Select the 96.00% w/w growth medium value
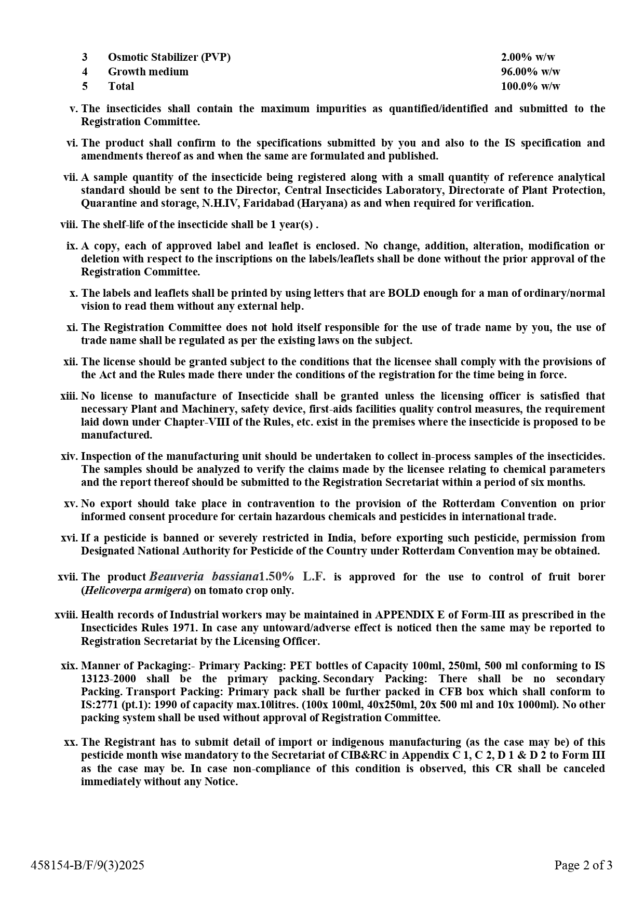click(x=530, y=72)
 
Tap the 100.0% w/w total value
click(x=530, y=86)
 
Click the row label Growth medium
click(x=148, y=72)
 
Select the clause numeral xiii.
click(x=69, y=396)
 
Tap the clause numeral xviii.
click(x=66, y=615)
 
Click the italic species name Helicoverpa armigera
click(x=136, y=590)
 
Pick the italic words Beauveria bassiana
click(x=204, y=577)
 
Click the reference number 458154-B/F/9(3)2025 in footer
click(x=87, y=865)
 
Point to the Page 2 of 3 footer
click(x=583, y=865)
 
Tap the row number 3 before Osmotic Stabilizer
click(x=85, y=57)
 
